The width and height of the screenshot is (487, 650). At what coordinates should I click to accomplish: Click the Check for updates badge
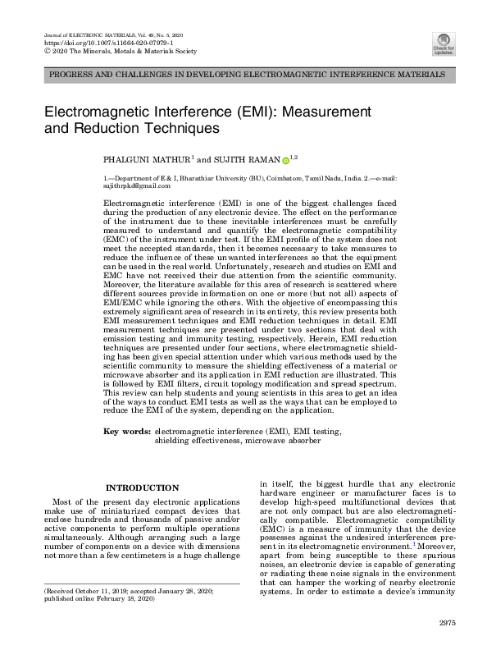click(x=444, y=43)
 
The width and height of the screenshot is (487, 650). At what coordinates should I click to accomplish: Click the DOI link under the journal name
click(x=89, y=41)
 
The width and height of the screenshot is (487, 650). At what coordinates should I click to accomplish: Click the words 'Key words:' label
click(x=127, y=430)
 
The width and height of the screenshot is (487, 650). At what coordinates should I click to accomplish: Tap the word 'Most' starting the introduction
click(x=62, y=501)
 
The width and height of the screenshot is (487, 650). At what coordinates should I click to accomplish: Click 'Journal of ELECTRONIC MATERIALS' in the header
click(x=84, y=33)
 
